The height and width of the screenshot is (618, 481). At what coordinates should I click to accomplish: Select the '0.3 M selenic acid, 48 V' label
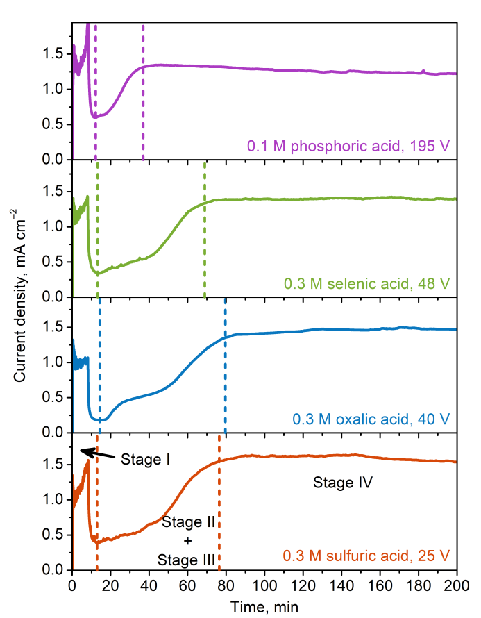tap(366, 283)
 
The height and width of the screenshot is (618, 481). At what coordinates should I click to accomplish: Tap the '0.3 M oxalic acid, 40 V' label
tap(371, 419)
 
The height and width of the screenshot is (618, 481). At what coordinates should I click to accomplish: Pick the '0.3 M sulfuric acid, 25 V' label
tap(366, 556)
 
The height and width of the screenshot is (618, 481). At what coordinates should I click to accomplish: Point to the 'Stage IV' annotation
tap(344, 482)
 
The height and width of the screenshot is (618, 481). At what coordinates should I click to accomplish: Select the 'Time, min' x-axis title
tap(264, 607)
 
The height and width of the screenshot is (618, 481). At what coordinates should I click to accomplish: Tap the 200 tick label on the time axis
tap(457, 585)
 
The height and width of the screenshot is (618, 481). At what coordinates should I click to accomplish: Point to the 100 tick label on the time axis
tap(264, 585)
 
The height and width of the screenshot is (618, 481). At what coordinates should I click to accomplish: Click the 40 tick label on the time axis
tap(149, 585)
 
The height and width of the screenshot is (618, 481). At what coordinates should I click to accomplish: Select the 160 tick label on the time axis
tap(380, 585)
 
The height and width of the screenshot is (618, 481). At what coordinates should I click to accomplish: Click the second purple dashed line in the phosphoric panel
tap(143, 46)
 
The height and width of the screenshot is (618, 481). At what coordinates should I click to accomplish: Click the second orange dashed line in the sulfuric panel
tap(219, 500)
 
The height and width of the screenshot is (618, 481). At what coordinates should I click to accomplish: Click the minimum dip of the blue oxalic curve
tap(99, 419)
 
